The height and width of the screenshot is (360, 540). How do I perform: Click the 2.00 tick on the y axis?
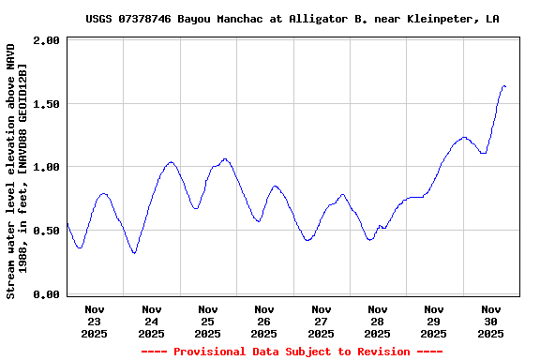pyautogui.click(x=49, y=41)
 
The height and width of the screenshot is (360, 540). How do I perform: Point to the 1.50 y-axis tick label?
pyautogui.click(x=49, y=104)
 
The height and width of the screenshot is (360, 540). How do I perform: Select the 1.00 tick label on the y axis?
pyautogui.click(x=49, y=167)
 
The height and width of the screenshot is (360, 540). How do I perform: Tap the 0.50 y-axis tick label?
pyautogui.click(x=49, y=231)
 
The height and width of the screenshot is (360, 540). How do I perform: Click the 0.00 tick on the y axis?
pyautogui.click(x=49, y=294)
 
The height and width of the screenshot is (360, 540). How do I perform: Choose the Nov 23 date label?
pyautogui.click(x=95, y=321)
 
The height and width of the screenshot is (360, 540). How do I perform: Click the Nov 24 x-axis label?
pyautogui.click(x=151, y=321)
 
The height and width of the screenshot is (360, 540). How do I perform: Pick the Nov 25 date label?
pyautogui.click(x=208, y=321)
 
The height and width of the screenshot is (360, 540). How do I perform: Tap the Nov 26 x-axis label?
pyautogui.click(x=264, y=321)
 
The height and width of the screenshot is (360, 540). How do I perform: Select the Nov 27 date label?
pyautogui.click(x=322, y=321)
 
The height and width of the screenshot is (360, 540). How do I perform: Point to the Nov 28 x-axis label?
pyautogui.click(x=378, y=321)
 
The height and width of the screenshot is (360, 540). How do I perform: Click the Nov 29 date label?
pyautogui.click(x=434, y=321)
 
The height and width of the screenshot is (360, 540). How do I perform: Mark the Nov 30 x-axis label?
pyautogui.click(x=491, y=321)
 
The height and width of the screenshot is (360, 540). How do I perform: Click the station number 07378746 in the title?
pyautogui.click(x=144, y=19)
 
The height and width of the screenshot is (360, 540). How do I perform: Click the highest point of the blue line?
pyautogui.click(x=504, y=86)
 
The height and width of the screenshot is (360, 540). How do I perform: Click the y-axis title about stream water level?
pyautogui.click(x=17, y=169)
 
